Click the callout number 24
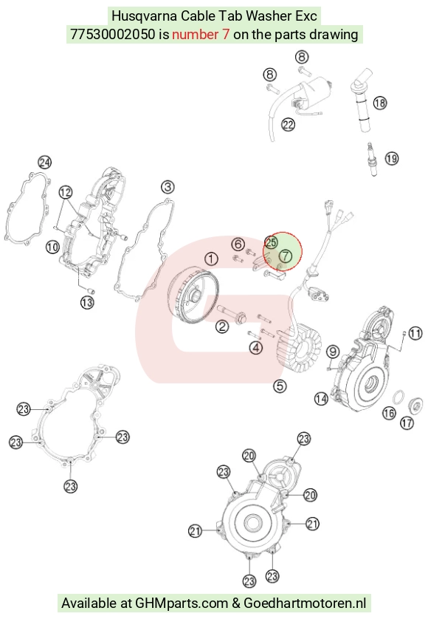tap(44, 163)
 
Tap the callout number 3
tap(168, 187)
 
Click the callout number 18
tap(380, 103)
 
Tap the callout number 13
tap(87, 303)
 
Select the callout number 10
tap(52, 247)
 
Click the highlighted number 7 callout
tap(286, 256)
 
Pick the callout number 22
tap(288, 125)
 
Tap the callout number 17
tap(407, 423)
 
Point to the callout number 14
tap(321, 399)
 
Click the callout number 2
tap(222, 326)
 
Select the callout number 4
tap(256, 348)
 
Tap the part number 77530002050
tap(112, 34)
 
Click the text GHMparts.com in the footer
tap(182, 603)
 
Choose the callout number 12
tap(66, 192)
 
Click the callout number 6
tap(238, 244)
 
